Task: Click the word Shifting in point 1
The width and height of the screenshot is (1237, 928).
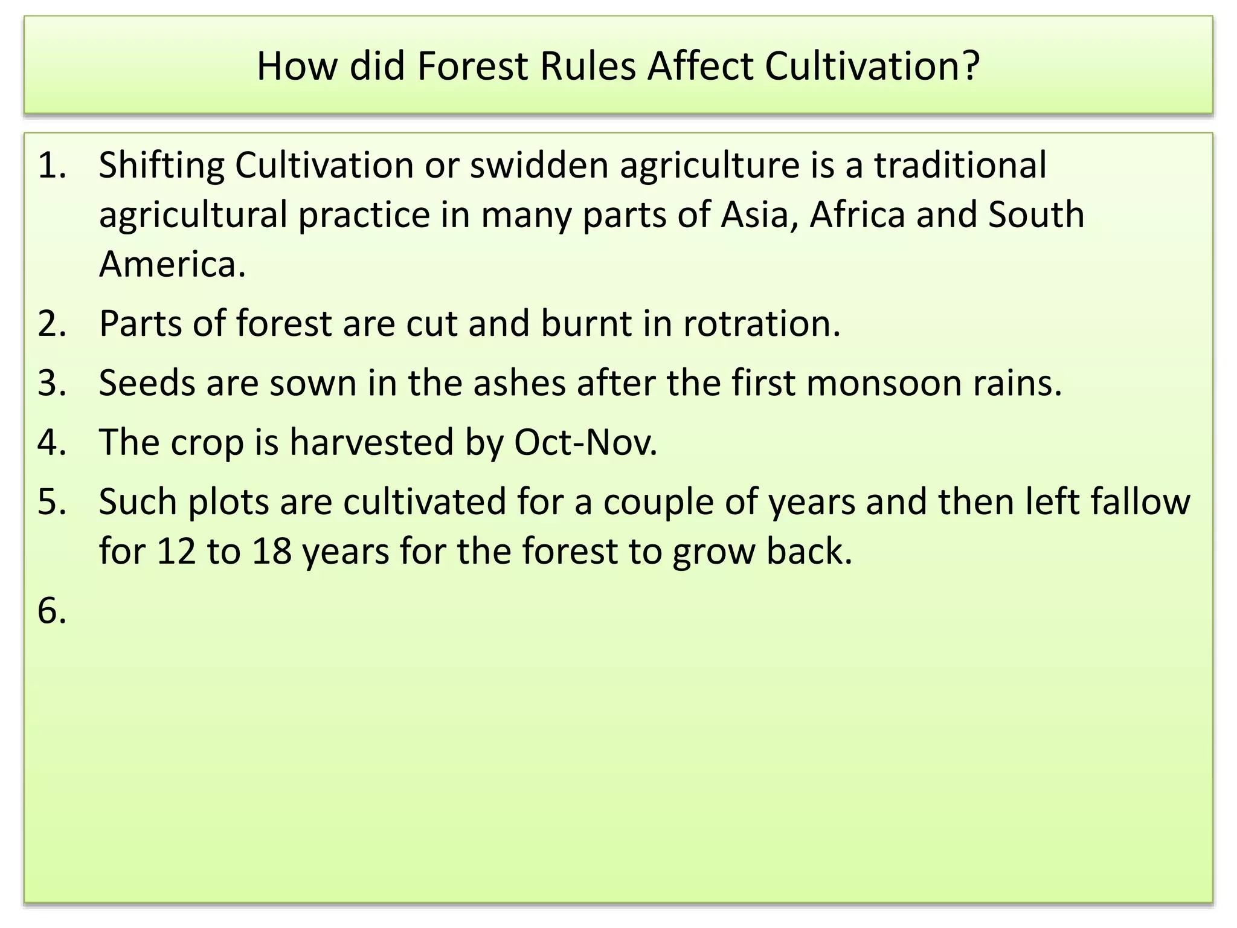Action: [x=161, y=165]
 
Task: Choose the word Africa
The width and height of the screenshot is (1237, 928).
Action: [x=857, y=214]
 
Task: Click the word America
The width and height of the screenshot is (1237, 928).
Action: [x=172, y=264]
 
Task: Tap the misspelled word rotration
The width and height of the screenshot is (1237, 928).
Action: [x=762, y=323]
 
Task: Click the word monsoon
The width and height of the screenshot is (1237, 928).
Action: [x=884, y=382]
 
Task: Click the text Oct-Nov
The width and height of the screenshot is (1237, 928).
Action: [x=585, y=442]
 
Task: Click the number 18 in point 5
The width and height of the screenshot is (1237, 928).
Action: [x=272, y=551]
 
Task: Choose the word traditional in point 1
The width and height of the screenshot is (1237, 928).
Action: [x=960, y=165]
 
